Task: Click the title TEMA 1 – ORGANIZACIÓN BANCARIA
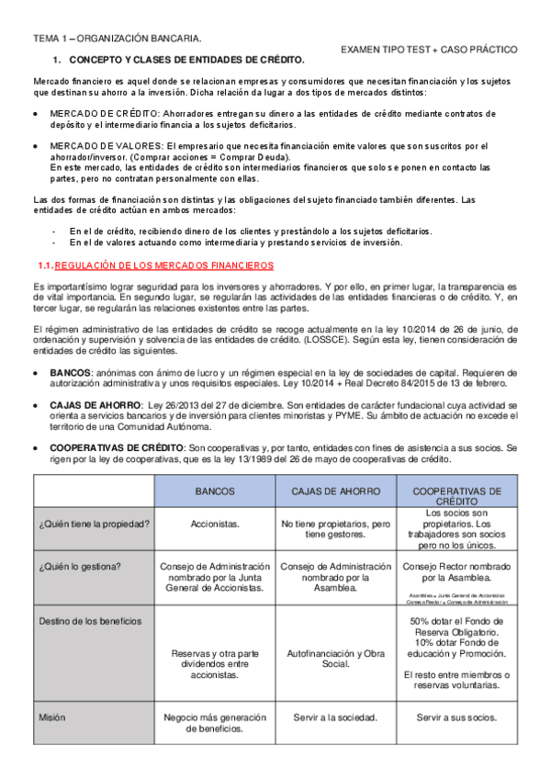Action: pos(118,39)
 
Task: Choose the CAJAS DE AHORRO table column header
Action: pos(335,491)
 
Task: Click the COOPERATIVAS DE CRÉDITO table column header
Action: pos(457,497)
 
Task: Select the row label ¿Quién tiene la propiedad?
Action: pos(95,524)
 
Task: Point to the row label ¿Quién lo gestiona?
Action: pos(79,566)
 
